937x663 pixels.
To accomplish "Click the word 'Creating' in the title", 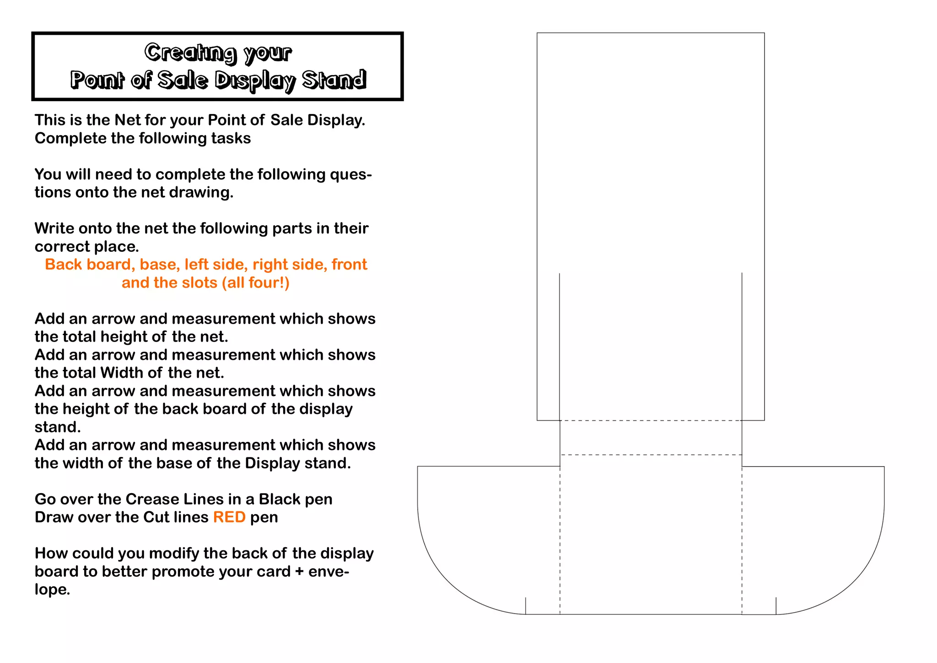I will pyautogui.click(x=190, y=52).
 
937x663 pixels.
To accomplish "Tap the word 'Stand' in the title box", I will pyautogui.click(x=334, y=80).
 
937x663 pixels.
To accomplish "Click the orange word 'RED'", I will pyautogui.click(x=229, y=517).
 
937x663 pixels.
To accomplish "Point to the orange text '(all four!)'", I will pyautogui.click(x=255, y=283).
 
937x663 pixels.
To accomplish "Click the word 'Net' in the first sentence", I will pyautogui.click(x=128, y=120).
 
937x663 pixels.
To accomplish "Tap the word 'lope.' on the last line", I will pyautogui.click(x=52, y=589).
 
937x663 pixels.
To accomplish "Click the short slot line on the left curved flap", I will pyautogui.click(x=526, y=605).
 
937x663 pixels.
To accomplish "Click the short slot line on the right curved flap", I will pyautogui.click(x=776, y=605).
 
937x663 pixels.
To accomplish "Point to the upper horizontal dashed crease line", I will pyautogui.click(x=651, y=420).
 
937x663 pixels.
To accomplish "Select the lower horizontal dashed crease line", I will pyautogui.click(x=651, y=455).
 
